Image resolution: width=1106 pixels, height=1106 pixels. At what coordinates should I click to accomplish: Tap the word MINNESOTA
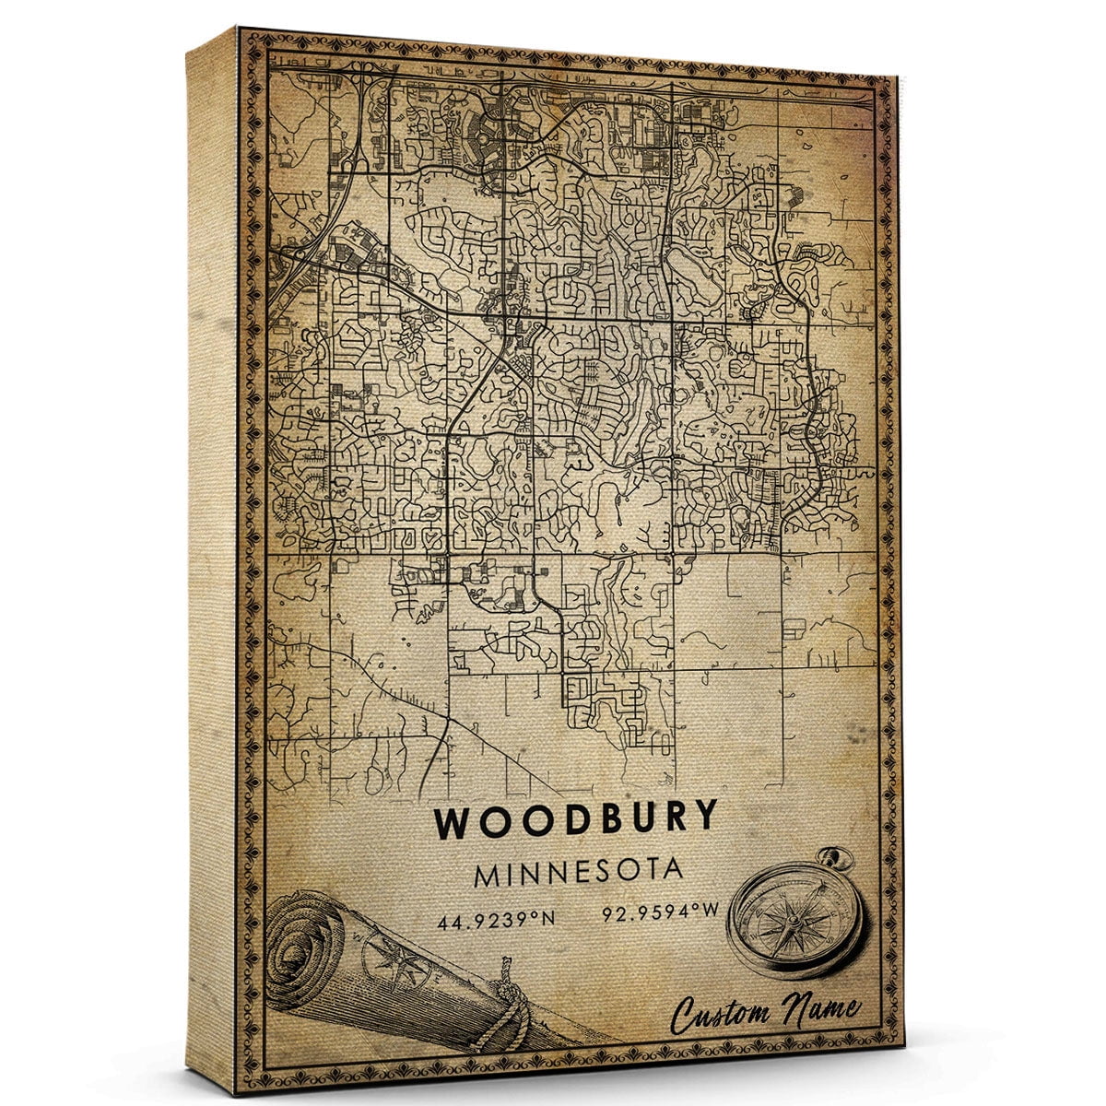click(x=578, y=872)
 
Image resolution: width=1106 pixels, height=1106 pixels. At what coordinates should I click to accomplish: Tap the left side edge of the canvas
click(x=211, y=553)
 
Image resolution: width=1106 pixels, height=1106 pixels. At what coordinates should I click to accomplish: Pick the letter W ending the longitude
click(x=710, y=916)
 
